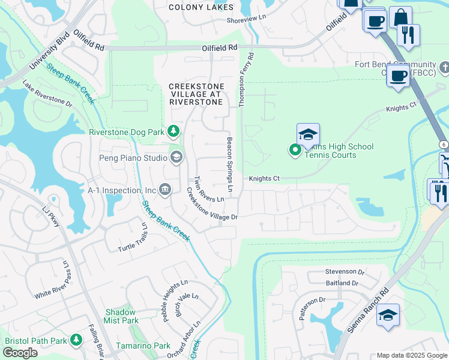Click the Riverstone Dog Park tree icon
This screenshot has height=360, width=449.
click(x=173, y=131)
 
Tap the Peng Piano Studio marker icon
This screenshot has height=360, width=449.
click(x=176, y=158)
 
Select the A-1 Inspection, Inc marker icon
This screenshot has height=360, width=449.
click(x=165, y=190)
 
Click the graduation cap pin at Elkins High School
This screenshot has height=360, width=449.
click(x=308, y=134)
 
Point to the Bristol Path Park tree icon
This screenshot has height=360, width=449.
click(x=76, y=340)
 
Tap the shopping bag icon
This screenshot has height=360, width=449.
click(x=400, y=17)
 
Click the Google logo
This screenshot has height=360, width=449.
click(x=20, y=353)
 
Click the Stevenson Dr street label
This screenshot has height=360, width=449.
click(x=345, y=272)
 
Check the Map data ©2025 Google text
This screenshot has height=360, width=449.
click(x=412, y=355)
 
